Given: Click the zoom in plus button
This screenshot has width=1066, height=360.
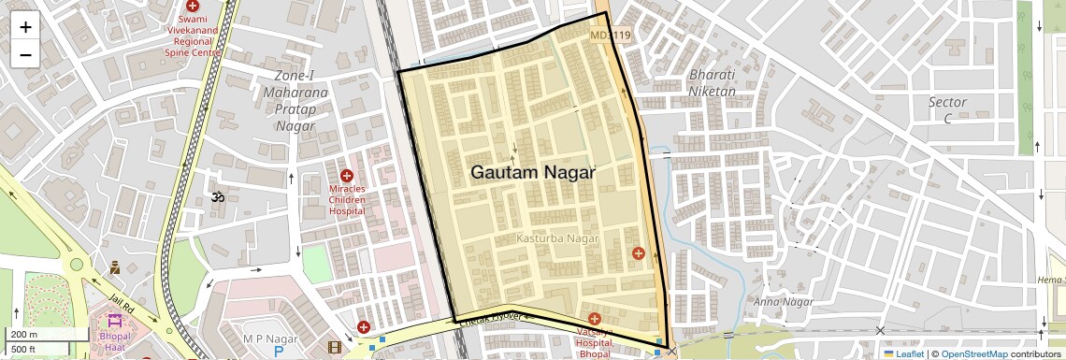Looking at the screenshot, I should [x=25, y=27].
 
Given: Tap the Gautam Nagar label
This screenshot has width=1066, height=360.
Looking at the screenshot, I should [x=532, y=173].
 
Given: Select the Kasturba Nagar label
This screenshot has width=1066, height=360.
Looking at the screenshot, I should [x=557, y=239].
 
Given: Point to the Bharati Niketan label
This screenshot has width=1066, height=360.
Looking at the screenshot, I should [x=713, y=83].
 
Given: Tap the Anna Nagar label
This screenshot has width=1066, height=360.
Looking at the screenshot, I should [x=783, y=301].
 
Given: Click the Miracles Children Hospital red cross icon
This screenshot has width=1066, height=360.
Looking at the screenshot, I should [x=346, y=176].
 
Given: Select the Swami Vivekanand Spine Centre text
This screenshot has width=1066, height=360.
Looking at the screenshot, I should [x=194, y=36].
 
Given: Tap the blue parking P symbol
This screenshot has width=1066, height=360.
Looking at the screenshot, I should [x=278, y=352].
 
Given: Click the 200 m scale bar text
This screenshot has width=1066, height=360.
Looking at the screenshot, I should [x=24, y=335].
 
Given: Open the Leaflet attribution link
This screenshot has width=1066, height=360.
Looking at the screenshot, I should [x=904, y=353].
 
